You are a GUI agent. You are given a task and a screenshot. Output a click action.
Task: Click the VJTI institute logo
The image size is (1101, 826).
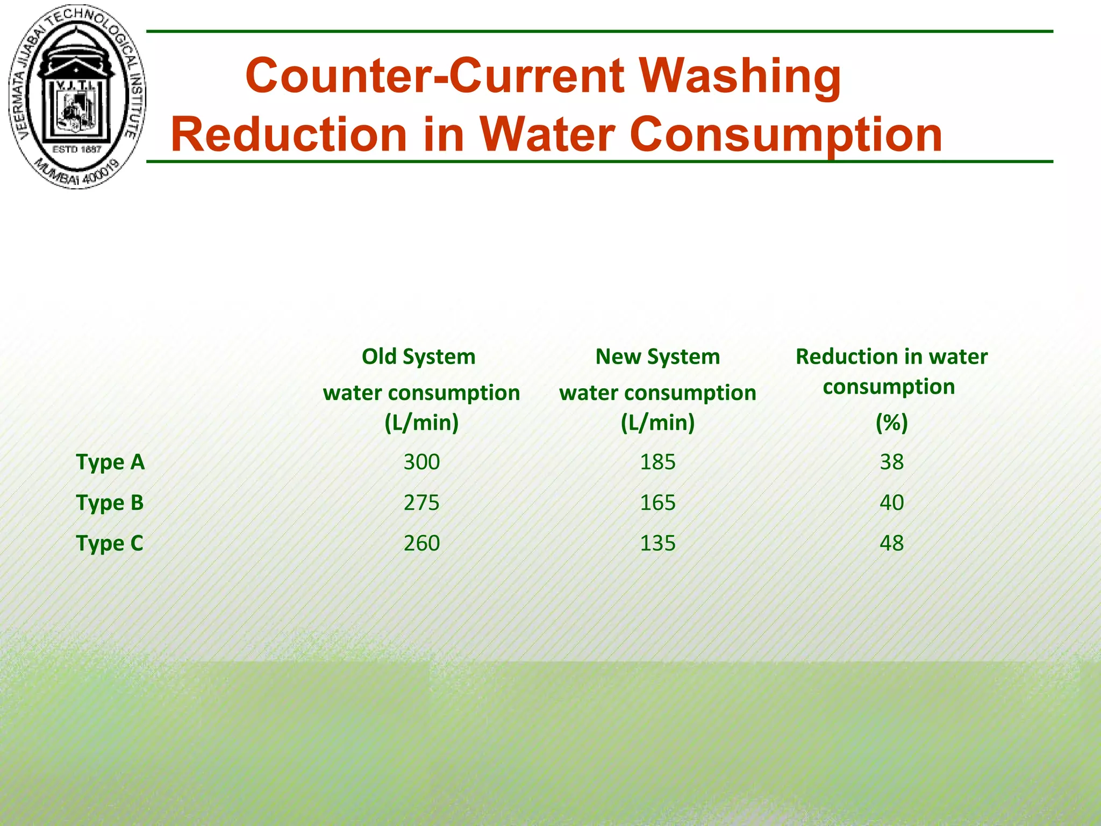tap(77, 97)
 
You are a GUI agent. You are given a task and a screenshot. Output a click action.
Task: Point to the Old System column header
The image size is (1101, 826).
tap(418, 357)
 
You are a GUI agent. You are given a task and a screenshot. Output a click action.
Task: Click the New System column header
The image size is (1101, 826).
tap(657, 357)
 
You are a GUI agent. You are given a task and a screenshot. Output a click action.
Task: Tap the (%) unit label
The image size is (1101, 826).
tap(891, 423)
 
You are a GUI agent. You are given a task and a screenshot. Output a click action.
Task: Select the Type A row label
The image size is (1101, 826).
tap(110, 462)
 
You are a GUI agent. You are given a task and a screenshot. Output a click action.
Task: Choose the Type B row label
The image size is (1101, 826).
tap(110, 503)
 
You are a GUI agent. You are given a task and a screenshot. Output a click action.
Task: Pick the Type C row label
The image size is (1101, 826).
tap(110, 543)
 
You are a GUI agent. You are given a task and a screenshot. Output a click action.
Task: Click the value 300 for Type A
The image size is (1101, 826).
tap(421, 462)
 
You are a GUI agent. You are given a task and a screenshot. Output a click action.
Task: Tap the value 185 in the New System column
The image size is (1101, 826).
tap(657, 462)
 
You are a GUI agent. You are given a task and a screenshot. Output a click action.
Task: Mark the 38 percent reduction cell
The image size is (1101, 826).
tap(891, 462)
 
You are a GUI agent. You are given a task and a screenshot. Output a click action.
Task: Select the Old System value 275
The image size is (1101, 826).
tap(421, 503)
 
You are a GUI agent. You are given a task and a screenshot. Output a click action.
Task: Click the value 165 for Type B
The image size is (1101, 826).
tap(657, 503)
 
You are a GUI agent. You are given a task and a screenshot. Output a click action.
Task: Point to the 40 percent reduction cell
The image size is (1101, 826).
tap(891, 503)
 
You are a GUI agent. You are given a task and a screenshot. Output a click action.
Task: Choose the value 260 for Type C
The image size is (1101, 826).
tap(421, 543)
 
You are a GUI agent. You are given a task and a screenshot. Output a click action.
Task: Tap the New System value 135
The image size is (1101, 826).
tap(657, 543)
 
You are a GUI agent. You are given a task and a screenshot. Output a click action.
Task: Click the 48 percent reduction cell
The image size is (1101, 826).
tap(891, 543)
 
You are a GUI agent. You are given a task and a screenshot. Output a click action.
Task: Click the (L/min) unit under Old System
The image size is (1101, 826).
tap(421, 423)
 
